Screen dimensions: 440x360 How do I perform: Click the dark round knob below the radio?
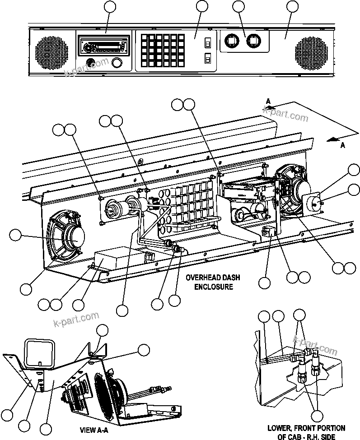coord(90,62)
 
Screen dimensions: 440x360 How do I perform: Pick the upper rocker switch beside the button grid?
coord(208,43)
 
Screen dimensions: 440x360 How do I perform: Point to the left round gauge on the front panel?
coord(231,42)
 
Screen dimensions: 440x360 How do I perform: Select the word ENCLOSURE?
coord(214,287)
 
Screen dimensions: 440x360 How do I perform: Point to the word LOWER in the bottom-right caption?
coord(278,428)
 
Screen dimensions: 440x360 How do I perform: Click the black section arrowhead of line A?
coord(333,139)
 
